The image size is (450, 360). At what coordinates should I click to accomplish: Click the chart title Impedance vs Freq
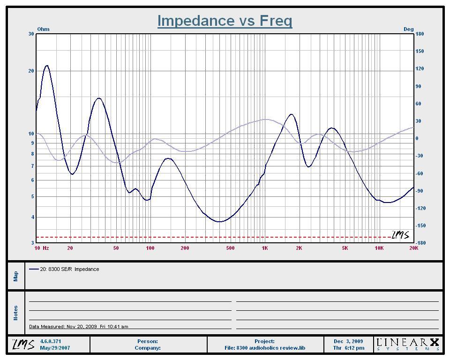click(x=225, y=21)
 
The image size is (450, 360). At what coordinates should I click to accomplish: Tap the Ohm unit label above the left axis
click(x=43, y=29)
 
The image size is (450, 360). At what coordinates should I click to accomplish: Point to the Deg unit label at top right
click(x=409, y=29)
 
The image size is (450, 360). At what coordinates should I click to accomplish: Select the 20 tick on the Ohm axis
click(x=31, y=71)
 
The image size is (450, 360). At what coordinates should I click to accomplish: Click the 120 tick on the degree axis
click(x=420, y=68)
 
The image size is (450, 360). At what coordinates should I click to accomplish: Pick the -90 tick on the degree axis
click(x=419, y=191)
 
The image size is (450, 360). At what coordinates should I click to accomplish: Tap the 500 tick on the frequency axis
click(x=230, y=248)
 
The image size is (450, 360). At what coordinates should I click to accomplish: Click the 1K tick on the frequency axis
click(x=264, y=248)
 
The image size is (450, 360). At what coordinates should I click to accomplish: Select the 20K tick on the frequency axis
click(x=413, y=248)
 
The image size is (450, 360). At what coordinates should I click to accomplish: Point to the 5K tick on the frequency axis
click(x=345, y=248)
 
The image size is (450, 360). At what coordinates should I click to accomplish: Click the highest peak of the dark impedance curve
click(x=47, y=66)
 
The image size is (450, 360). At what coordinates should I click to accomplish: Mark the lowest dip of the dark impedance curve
click(x=219, y=222)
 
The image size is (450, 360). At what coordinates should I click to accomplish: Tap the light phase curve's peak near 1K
click(x=267, y=119)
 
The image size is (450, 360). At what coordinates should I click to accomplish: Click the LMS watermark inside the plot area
click(x=401, y=234)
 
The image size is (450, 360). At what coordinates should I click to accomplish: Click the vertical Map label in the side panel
click(x=16, y=276)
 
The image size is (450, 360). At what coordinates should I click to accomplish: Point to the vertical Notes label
click(x=16, y=313)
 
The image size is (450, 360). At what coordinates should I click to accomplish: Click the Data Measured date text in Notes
click(x=79, y=326)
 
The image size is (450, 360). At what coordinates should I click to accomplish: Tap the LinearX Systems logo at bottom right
click(x=408, y=344)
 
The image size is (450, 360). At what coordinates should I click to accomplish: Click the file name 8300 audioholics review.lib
click(x=271, y=348)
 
